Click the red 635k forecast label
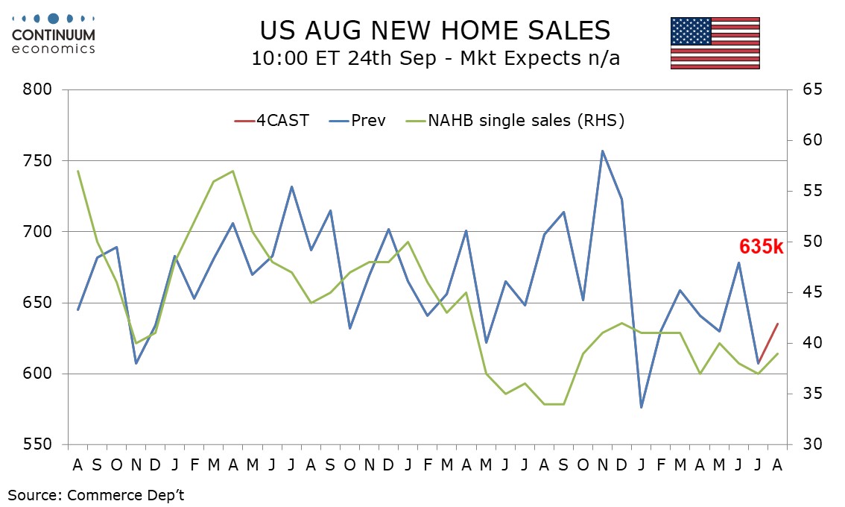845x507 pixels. [x=761, y=247]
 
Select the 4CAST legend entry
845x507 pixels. [x=271, y=120]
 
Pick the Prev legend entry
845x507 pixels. [x=357, y=120]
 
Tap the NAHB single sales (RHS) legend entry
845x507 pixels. [x=515, y=120]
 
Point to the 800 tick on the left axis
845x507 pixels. [x=37, y=89]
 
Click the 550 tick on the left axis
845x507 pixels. [x=37, y=445]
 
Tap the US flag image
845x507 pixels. [x=715, y=43]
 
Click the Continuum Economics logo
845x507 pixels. [x=54, y=34]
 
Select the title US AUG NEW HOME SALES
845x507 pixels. [x=435, y=31]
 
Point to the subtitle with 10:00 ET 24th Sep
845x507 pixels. [x=435, y=57]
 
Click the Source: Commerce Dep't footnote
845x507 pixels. [x=96, y=495]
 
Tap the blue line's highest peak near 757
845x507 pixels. [x=603, y=151]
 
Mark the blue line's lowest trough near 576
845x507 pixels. [x=642, y=407]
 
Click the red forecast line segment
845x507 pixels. [x=768, y=343]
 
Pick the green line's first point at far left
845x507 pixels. [x=78, y=171]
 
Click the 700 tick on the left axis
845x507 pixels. [x=37, y=232]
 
